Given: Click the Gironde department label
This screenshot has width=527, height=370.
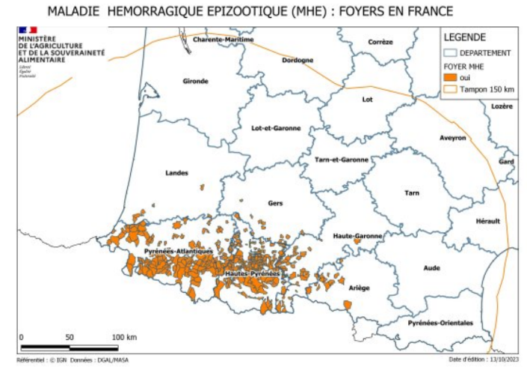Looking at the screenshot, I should coord(195,81).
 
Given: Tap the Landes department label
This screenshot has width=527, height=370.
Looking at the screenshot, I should coord(176,173).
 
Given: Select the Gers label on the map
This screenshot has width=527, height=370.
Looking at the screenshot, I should coord(275,203).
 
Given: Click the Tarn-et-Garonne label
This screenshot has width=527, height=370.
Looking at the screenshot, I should coord(342,160).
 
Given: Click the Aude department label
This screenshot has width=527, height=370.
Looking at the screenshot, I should coord(432,267).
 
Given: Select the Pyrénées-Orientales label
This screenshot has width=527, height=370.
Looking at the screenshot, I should coord(440,323).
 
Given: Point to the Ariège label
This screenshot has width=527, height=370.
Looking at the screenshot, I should coord(360,288).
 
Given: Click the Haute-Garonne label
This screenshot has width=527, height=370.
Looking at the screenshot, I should coord(357,236).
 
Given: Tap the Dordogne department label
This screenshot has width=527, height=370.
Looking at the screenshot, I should coord(298,61).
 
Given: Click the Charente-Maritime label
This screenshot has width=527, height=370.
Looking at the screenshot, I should coord(224,40).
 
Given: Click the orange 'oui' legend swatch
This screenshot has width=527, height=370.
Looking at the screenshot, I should coord(451,77).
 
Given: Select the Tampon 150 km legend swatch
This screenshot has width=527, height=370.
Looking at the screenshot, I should coord(451,90).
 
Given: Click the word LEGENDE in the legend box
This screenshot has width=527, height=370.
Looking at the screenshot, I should coord(465,37).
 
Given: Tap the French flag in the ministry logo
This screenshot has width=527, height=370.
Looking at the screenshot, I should coord(28,29).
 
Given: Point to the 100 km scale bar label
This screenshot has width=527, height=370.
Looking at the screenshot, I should coord(124,337).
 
